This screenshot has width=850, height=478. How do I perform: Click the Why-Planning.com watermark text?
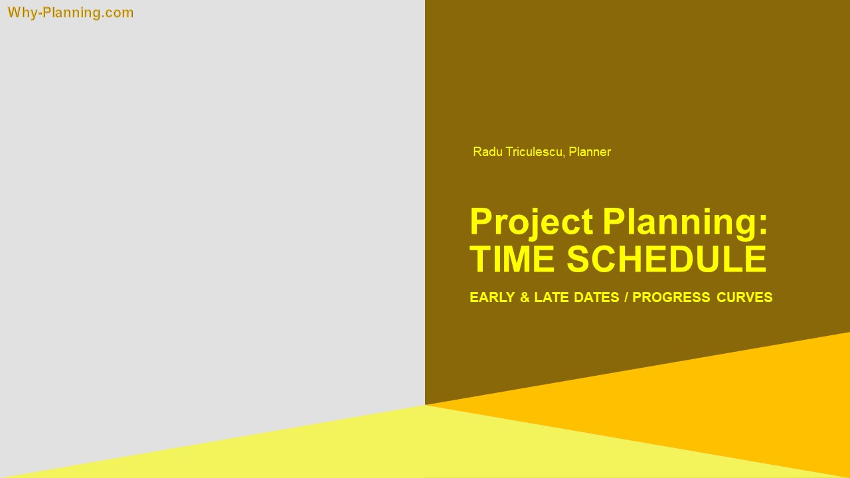point(70,13)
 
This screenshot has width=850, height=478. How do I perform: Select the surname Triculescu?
point(534,152)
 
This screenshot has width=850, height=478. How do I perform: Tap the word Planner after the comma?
point(590,152)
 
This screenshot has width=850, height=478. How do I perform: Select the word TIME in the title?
point(512,259)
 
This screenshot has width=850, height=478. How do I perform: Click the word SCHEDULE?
point(667,259)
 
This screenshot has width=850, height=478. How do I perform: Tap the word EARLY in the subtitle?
point(491,297)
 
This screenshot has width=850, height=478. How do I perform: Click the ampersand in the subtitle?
point(525,297)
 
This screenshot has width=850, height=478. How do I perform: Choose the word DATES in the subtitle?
point(596,297)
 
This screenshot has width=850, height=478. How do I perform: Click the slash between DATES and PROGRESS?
point(626,297)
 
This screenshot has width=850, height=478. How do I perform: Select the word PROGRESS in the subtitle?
point(671,297)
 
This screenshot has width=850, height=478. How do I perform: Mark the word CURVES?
point(744,297)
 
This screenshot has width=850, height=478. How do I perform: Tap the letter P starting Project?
point(480,221)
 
